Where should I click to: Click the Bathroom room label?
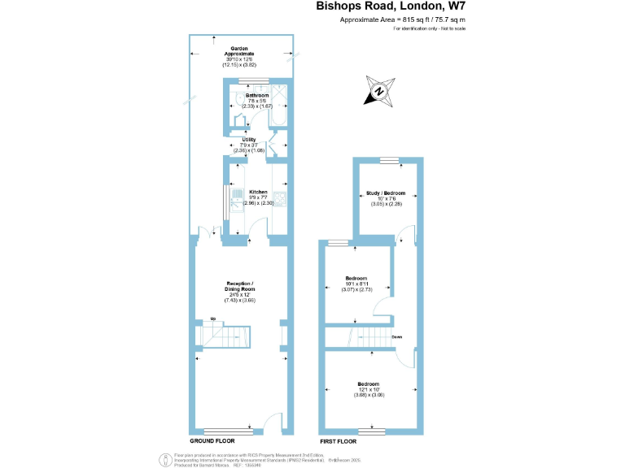click(x=246, y=95)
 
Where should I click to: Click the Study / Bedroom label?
click(x=386, y=193)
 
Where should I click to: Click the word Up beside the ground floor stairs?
click(x=213, y=318)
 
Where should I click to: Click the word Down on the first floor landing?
click(x=396, y=336)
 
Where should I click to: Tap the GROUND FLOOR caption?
click(x=212, y=440)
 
